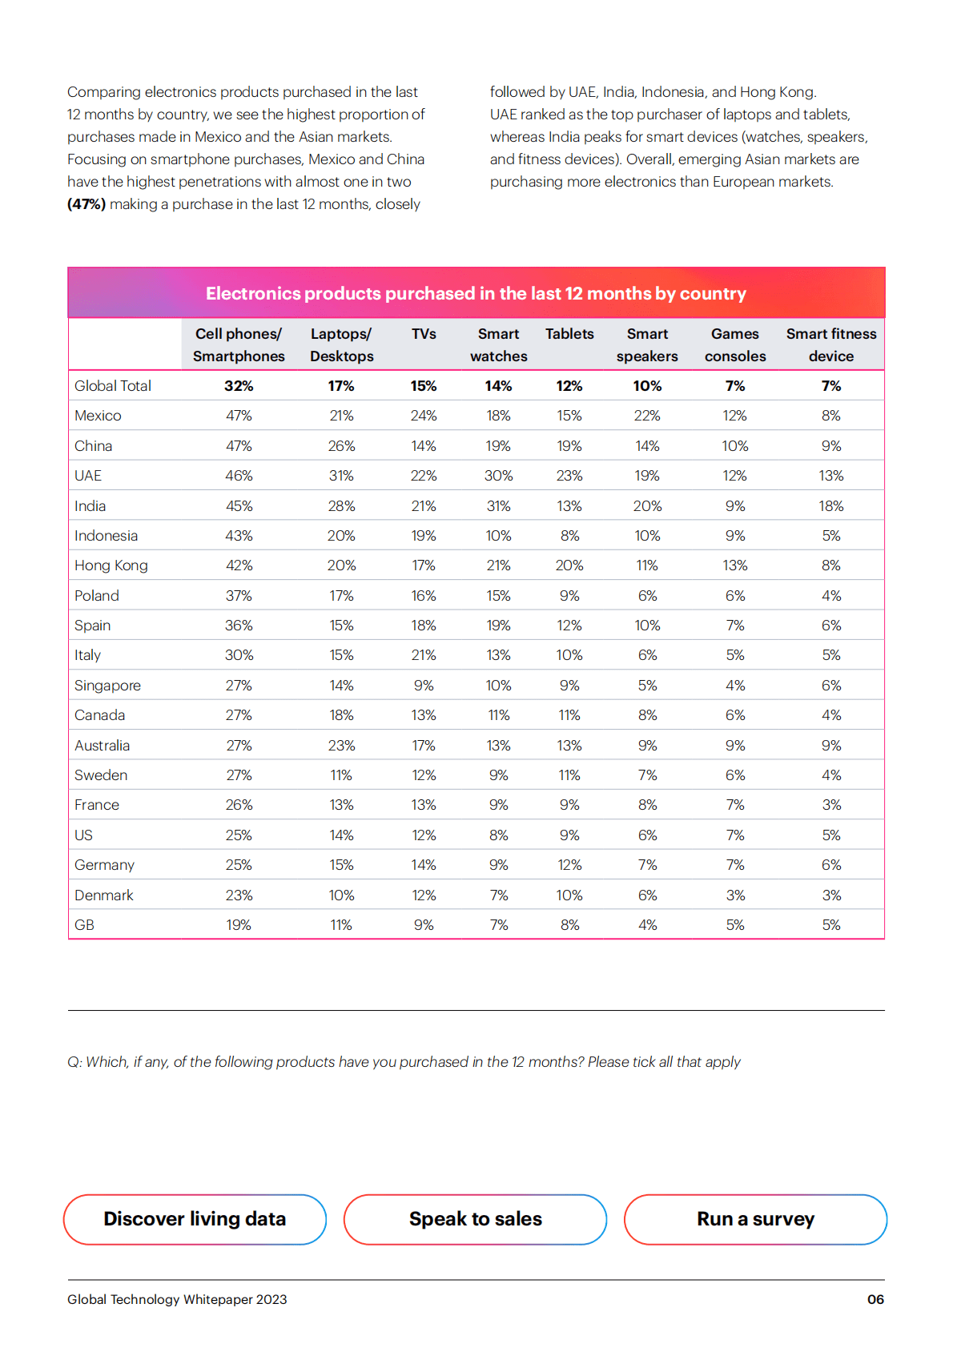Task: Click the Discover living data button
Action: click(x=195, y=1219)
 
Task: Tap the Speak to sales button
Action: click(x=475, y=1219)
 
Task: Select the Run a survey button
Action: click(x=755, y=1219)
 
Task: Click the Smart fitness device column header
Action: click(x=830, y=345)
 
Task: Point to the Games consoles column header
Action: click(x=734, y=345)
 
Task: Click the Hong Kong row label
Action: click(x=111, y=565)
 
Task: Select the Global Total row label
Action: click(x=113, y=386)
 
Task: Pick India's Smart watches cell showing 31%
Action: click(x=498, y=506)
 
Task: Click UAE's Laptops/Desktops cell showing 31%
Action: click(x=341, y=476)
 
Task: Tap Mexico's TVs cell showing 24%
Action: click(x=424, y=416)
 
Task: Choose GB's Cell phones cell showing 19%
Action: click(x=239, y=925)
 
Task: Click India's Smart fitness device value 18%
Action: click(x=830, y=506)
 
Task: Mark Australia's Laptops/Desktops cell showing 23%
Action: click(x=341, y=746)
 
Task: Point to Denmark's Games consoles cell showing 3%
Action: click(x=734, y=895)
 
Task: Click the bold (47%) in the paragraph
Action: click(x=86, y=204)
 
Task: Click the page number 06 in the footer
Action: click(x=875, y=1299)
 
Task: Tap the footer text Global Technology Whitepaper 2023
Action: click(x=177, y=1299)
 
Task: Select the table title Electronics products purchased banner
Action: click(x=476, y=293)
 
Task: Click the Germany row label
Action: click(x=104, y=865)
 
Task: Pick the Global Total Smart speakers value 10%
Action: click(x=647, y=386)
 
